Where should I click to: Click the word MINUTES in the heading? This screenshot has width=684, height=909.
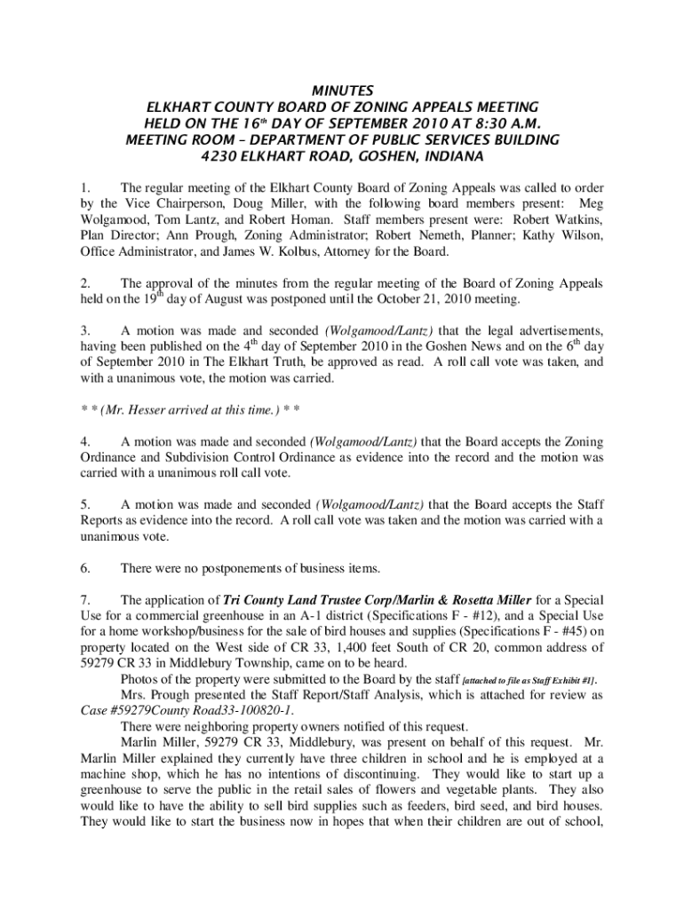pos(342,91)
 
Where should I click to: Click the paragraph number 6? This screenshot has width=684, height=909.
pos(84,568)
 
